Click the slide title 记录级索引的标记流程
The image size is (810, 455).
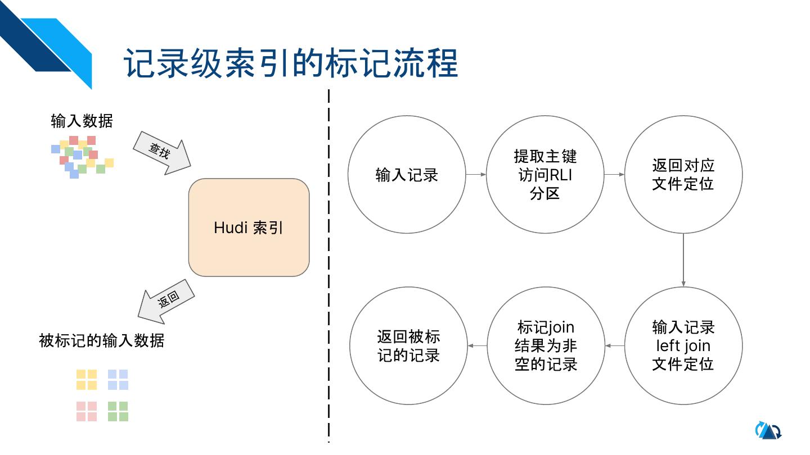point(290,63)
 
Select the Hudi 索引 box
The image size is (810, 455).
point(249,228)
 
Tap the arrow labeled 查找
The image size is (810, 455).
point(161,151)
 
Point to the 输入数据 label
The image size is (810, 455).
point(82,121)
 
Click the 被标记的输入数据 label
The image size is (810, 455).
point(102,340)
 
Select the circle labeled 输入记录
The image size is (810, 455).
point(407,175)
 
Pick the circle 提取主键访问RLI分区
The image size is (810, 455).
point(545,175)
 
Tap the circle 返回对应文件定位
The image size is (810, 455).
point(683,175)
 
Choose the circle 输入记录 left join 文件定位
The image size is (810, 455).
point(683,345)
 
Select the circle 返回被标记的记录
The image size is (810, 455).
point(408,345)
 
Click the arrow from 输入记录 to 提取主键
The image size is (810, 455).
point(476,175)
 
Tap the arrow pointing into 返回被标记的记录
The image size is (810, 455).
point(478,345)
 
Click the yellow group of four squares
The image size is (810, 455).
point(87,380)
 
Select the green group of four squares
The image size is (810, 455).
point(118,411)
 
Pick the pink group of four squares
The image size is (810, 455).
point(87,411)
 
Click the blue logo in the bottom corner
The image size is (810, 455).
point(768,430)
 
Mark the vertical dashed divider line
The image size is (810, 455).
point(328,264)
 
